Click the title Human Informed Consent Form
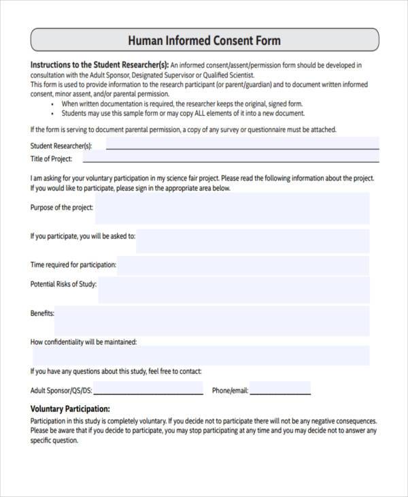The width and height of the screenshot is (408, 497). pos(204,40)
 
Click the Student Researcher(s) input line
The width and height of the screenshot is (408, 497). pos(242,146)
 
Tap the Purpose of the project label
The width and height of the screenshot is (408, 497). pos(62,208)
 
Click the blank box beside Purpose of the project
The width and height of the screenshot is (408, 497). pos(232,208)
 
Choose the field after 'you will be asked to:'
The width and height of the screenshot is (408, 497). pos(252,240)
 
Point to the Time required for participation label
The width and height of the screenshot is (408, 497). pos(73,265)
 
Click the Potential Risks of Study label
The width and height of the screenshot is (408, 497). pos(63,284)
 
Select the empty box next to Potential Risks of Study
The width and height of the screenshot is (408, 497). pos(234,289)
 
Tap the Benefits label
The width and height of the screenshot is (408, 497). pos(42,314)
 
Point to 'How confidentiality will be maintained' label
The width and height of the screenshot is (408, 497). pos(84,342)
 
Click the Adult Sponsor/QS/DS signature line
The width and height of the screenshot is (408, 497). pos(148,391)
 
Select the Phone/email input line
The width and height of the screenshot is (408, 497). pos(280,391)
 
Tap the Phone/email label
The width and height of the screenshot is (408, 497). pos(230,391)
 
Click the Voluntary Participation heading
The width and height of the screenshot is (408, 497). pos(70,409)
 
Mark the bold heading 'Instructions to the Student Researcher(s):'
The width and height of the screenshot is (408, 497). pos(99,65)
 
